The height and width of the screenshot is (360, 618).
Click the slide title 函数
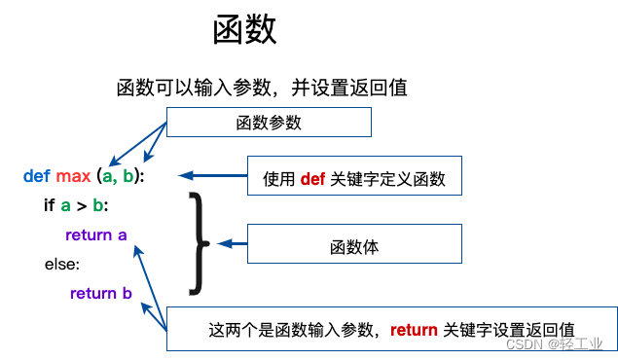click(x=245, y=29)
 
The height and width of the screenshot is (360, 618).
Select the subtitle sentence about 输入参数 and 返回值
click(x=261, y=88)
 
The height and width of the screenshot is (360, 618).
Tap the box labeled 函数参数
click(x=269, y=122)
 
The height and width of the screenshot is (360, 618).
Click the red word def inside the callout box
click(x=312, y=179)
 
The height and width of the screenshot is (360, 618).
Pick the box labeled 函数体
click(x=354, y=246)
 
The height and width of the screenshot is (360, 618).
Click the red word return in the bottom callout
click(x=415, y=329)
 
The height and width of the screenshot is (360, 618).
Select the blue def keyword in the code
click(x=37, y=176)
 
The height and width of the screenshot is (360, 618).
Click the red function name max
click(x=73, y=176)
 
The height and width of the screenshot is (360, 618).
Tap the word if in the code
click(x=50, y=205)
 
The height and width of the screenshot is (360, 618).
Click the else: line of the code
click(x=62, y=264)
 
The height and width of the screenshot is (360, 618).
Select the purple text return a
click(x=96, y=234)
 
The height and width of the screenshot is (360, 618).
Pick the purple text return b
click(x=101, y=293)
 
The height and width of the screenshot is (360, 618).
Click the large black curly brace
click(x=199, y=242)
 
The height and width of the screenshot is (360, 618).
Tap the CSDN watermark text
click(x=555, y=344)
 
